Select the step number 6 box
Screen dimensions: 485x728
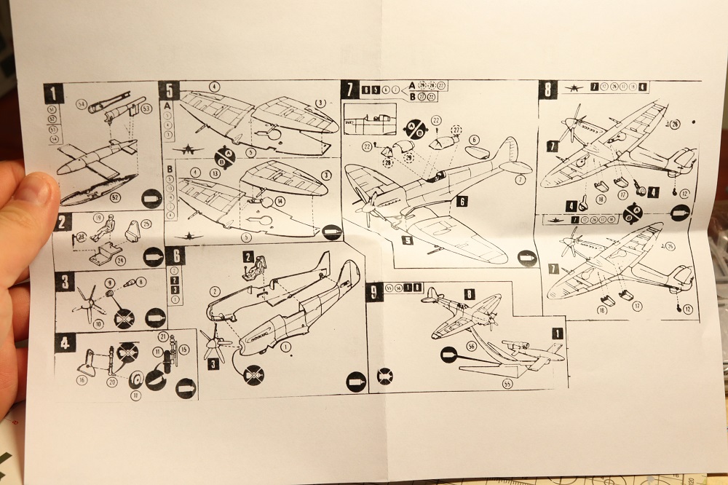(x=175, y=256)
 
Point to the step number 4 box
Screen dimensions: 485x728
(x=65, y=342)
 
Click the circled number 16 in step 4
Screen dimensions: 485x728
(x=81, y=379)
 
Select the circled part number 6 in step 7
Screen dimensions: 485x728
(x=474, y=139)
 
